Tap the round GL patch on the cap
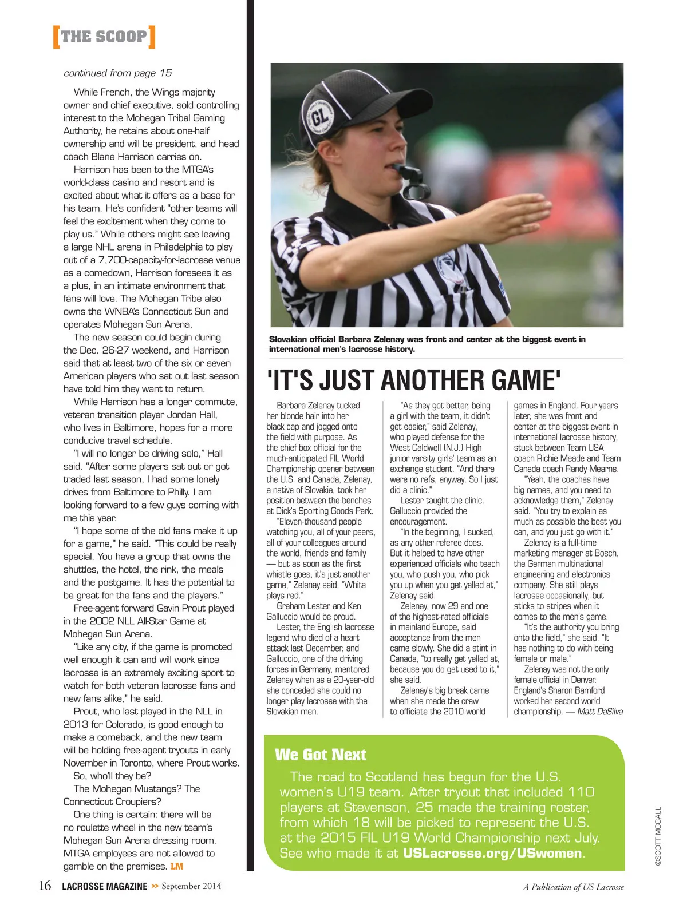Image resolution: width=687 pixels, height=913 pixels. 322,117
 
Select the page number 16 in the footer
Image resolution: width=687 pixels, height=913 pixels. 45,886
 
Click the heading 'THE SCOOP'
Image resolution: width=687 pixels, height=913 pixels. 104,37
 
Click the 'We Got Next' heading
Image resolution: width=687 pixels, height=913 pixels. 321,755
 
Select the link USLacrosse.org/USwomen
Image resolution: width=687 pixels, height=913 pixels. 492,853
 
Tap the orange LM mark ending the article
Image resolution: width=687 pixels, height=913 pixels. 177,866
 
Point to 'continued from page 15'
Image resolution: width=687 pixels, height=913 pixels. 118,73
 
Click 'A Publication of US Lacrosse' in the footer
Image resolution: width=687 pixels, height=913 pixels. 573,887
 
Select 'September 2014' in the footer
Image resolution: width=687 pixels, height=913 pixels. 191,886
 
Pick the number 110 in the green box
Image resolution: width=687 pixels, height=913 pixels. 582,792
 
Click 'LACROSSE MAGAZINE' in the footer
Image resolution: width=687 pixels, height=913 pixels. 104,887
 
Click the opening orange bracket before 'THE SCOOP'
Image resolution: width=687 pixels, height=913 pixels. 56,37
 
